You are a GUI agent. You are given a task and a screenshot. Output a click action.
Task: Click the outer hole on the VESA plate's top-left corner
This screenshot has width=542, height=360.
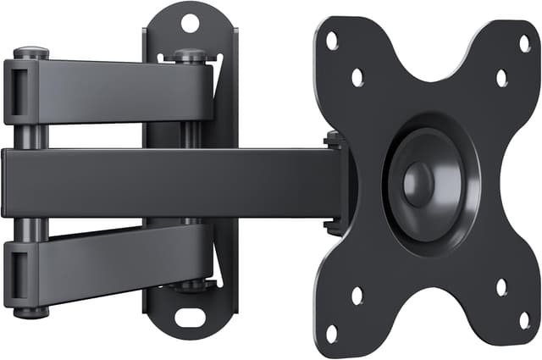pyautogui.click(x=332, y=40)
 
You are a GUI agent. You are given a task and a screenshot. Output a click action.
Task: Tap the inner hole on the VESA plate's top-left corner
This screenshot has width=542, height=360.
pyautogui.click(x=357, y=77)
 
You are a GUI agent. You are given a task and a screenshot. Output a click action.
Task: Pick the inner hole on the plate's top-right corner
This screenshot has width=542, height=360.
pyautogui.click(x=501, y=78)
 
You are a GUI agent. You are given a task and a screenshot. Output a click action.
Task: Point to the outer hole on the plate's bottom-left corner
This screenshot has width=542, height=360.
pyautogui.click(x=332, y=333)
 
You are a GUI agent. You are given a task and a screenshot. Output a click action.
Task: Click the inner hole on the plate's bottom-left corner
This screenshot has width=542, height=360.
pyautogui.click(x=357, y=295)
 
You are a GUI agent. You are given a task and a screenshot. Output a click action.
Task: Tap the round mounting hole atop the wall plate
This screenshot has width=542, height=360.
pyautogui.click(x=190, y=22)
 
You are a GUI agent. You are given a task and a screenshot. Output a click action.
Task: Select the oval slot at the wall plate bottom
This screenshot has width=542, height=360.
pyautogui.click(x=189, y=318)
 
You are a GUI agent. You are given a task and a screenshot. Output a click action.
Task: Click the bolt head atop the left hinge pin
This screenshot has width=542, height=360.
pyautogui.click(x=30, y=53)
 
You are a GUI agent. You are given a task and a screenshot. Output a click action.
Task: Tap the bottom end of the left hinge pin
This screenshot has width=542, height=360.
pyautogui.click(x=30, y=312)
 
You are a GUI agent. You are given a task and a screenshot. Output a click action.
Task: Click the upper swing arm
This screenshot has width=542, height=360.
pyautogui.click(x=119, y=89)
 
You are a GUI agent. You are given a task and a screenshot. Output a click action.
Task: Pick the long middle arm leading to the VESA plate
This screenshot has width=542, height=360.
pyautogui.click(x=169, y=182)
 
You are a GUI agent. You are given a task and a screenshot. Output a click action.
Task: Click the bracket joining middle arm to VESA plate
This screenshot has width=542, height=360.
pyautogui.click(x=337, y=182)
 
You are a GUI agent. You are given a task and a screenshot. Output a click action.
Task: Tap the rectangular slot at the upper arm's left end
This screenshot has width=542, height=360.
pyautogui.click(x=16, y=89)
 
